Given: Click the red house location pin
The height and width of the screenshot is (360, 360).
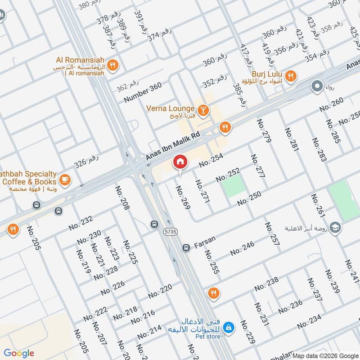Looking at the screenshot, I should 180,162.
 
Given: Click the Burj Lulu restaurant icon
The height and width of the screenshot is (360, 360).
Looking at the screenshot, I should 291,76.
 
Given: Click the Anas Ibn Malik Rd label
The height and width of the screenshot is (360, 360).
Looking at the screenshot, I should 172,147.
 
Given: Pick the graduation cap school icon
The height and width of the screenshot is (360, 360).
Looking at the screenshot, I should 335,228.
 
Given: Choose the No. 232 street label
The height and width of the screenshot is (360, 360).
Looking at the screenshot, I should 81,223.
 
